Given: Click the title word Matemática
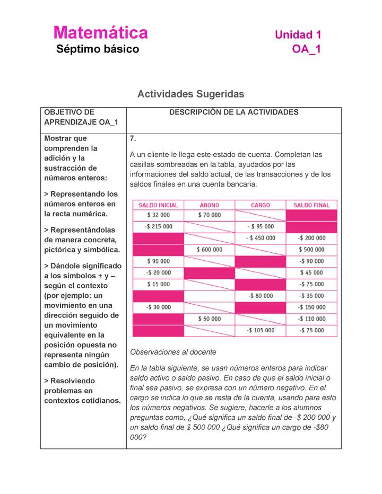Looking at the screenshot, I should [101, 33].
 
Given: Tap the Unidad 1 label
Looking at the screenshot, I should [298, 35].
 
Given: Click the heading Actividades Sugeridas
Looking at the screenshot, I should [190, 94].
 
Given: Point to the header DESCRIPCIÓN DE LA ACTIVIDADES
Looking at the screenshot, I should [233, 112].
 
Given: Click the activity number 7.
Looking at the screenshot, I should [133, 139].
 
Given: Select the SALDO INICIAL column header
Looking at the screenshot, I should [158, 205].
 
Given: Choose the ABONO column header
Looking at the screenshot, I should [209, 205].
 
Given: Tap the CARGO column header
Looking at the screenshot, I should [260, 205].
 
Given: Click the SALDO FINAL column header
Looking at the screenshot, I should [311, 205].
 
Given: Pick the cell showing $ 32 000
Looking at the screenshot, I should [158, 215].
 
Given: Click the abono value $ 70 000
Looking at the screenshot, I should [209, 215].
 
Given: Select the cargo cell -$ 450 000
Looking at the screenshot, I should [260, 238].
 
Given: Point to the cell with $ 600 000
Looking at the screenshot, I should [209, 250].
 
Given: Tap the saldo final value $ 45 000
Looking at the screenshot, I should [311, 272].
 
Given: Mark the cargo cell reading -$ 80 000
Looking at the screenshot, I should [260, 296].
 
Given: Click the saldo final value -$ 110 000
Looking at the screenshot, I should [311, 319].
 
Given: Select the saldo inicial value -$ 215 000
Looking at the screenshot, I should [158, 226].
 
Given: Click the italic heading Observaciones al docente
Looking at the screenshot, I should [173, 352].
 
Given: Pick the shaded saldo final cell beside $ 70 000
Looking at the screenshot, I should [311, 215].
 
